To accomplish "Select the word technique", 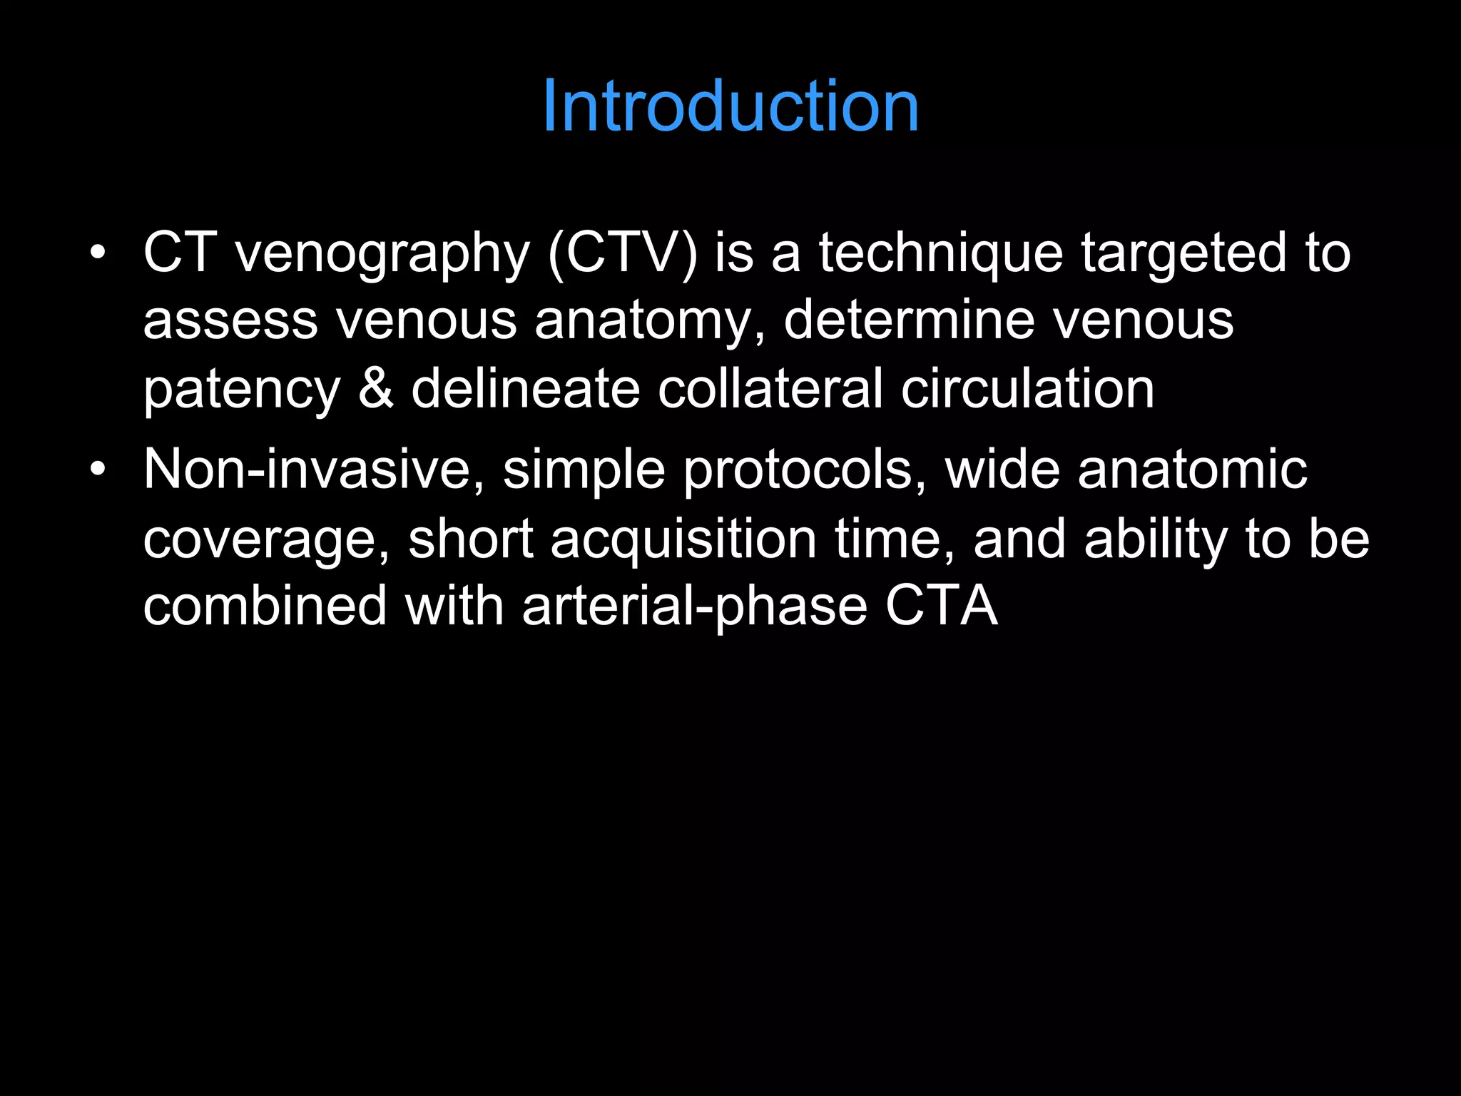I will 940,253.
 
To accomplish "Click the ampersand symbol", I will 376,388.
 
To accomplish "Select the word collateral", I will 770,388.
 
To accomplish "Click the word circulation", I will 1027,388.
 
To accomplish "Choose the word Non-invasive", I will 314,470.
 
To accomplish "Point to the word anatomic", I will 1192,470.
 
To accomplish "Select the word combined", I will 265,606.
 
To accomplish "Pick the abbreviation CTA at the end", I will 941,606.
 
